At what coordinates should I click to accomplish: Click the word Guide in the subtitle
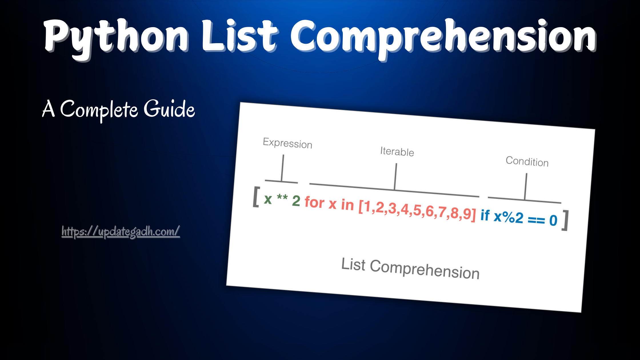pyautogui.click(x=169, y=109)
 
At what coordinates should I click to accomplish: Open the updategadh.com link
pyautogui.click(x=121, y=232)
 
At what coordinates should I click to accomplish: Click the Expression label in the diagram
pyautogui.click(x=287, y=143)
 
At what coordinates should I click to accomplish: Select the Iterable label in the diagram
pyautogui.click(x=397, y=151)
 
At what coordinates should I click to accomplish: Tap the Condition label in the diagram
pyautogui.click(x=527, y=161)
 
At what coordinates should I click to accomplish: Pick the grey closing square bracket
pyautogui.click(x=565, y=220)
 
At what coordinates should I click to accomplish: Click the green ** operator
pyautogui.click(x=282, y=197)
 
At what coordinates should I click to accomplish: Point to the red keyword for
pyautogui.click(x=315, y=202)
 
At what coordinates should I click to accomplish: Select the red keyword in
pyautogui.click(x=347, y=205)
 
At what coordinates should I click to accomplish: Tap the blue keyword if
pyautogui.click(x=485, y=215)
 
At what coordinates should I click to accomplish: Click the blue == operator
pyautogui.click(x=536, y=220)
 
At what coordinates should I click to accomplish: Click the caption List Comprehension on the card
pyautogui.click(x=411, y=269)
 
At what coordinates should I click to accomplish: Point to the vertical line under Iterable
pyautogui.click(x=395, y=176)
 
